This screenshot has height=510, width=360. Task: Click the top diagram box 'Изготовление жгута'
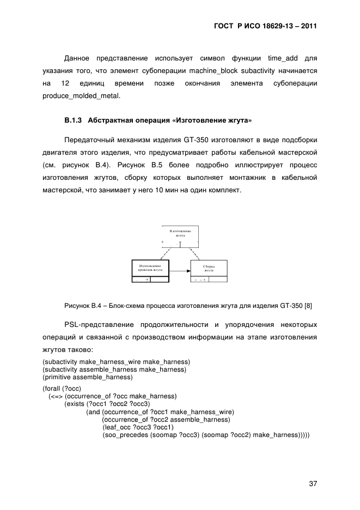pyautogui.click(x=180, y=236)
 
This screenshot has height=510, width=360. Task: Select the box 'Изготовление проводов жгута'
pyautogui.click(x=150, y=268)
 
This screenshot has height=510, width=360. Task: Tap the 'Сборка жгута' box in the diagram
pyautogui.click(x=209, y=268)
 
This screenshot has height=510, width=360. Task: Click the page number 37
pyautogui.click(x=312, y=483)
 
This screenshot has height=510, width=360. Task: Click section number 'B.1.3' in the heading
pyautogui.click(x=73, y=119)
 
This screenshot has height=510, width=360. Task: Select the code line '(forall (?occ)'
pyautogui.click(x=62, y=388)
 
